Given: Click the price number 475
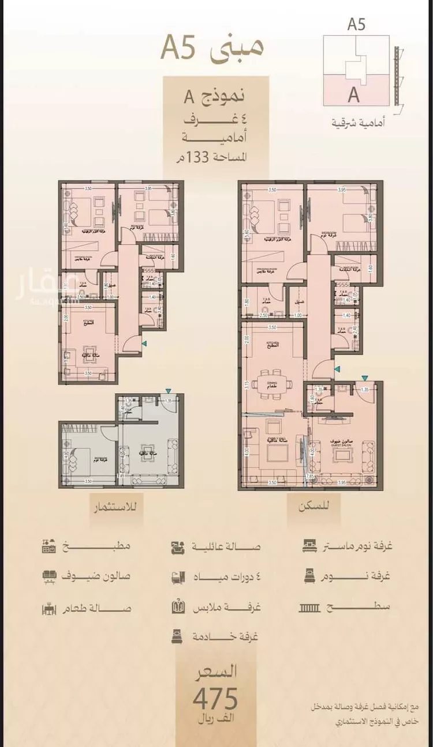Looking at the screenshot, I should tap(216, 699).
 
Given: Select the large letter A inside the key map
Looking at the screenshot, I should tap(353, 94).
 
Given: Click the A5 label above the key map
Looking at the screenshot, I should tap(356, 25).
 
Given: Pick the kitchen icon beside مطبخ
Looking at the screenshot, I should tap(49, 545).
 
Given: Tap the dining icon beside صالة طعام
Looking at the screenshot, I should tap(49, 608).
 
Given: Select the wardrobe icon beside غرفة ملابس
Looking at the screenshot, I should tap(178, 607).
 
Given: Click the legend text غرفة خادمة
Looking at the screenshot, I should tap(232, 637).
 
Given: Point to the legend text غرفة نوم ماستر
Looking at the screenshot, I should tap(356, 546).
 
